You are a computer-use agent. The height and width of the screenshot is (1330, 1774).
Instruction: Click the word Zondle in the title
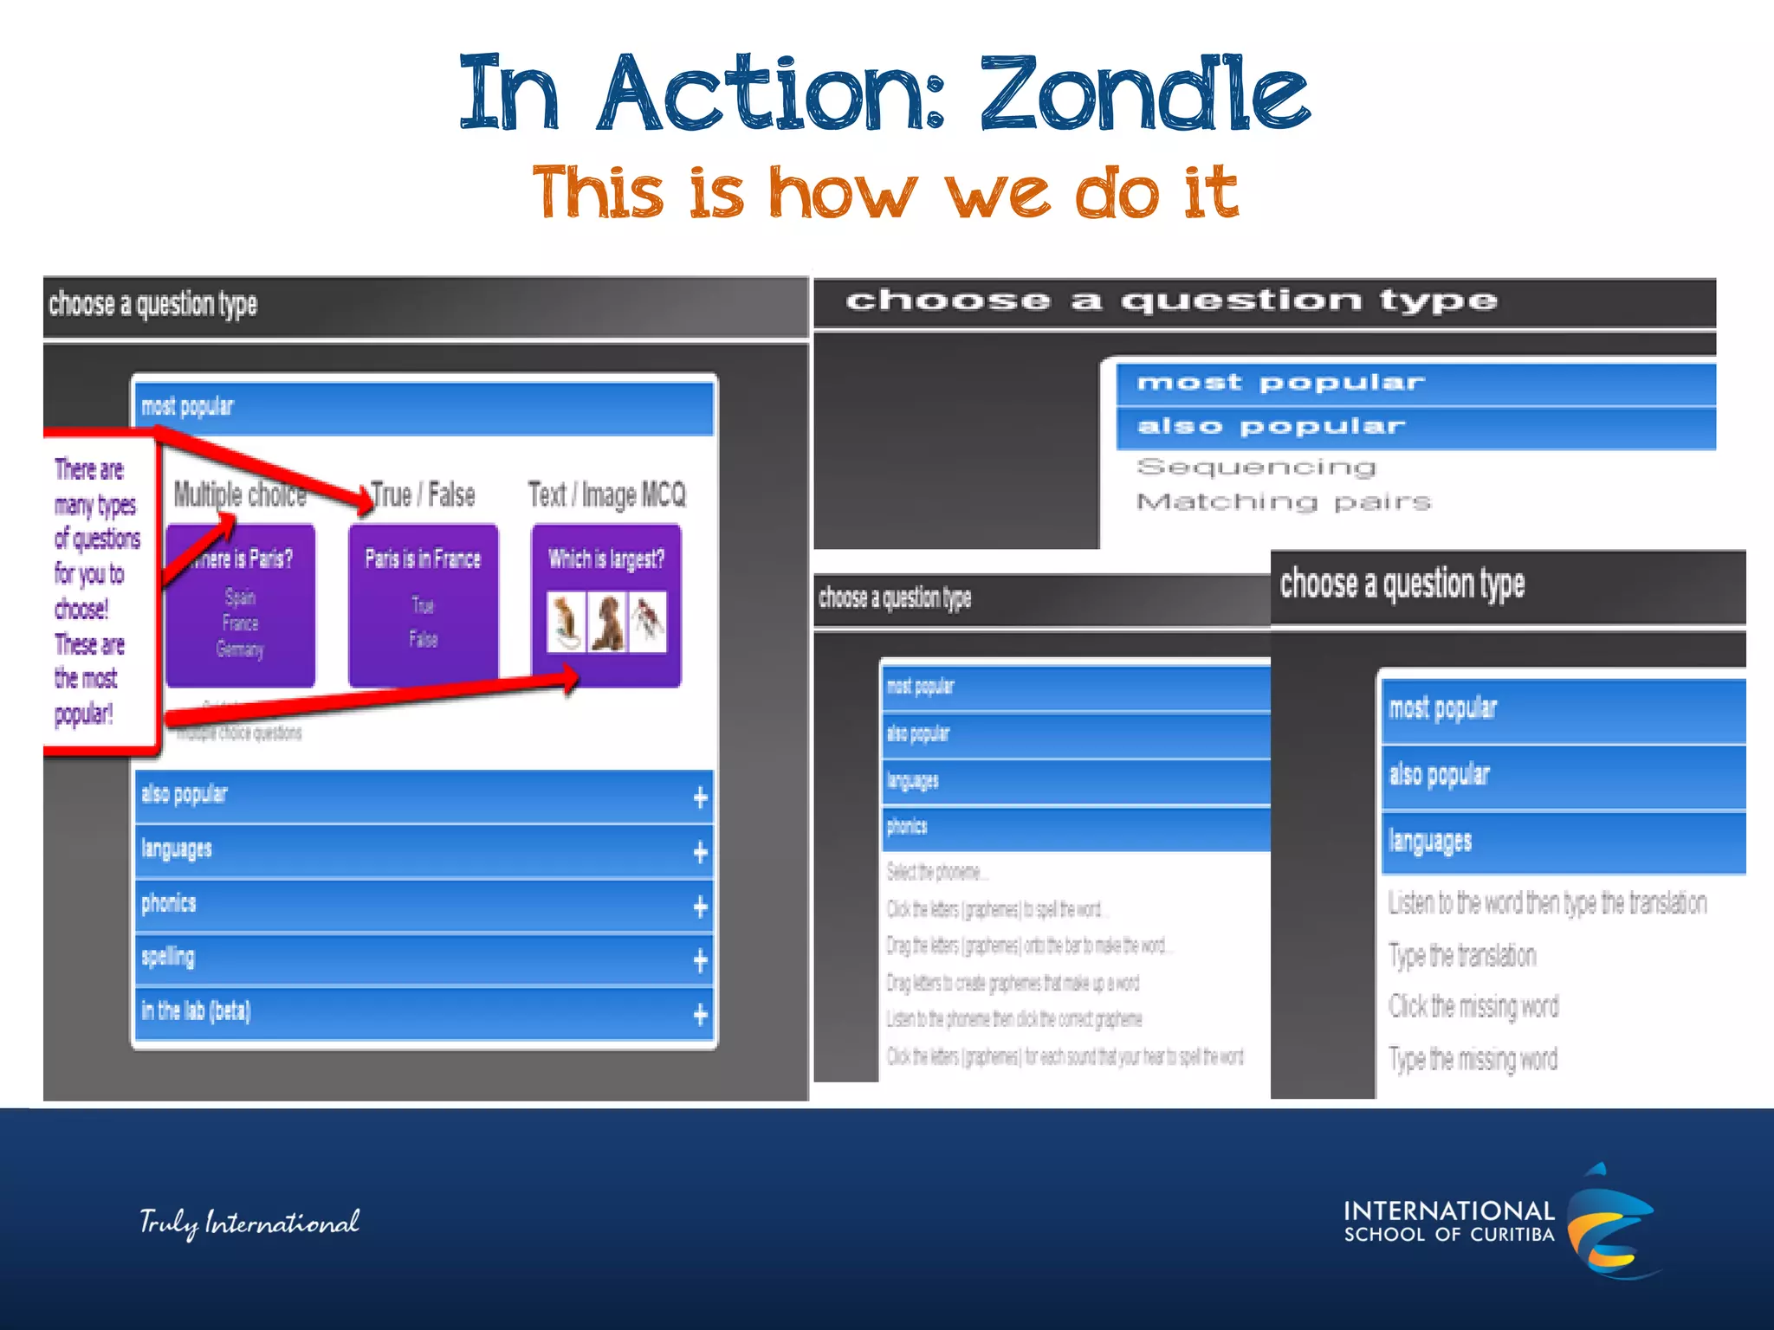pyautogui.click(x=1143, y=94)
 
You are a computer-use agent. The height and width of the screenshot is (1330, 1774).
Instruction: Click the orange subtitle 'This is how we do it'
pyautogui.click(x=885, y=192)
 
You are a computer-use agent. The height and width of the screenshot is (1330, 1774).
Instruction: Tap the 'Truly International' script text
pyautogui.click(x=249, y=1222)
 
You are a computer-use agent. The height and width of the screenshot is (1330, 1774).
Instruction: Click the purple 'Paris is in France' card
pyautogui.click(x=423, y=604)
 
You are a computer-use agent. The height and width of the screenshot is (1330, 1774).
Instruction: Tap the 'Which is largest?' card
pyautogui.click(x=606, y=604)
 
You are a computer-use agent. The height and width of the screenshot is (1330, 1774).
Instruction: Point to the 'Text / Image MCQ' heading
pyautogui.click(x=606, y=494)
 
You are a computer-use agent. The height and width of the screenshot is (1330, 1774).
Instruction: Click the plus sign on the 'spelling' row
pyautogui.click(x=700, y=959)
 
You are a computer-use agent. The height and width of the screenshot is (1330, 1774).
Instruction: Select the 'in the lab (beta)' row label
pyautogui.click(x=197, y=1010)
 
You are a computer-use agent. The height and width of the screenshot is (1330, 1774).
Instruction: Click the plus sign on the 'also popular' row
pyautogui.click(x=700, y=797)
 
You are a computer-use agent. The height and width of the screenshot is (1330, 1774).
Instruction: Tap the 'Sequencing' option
pyautogui.click(x=1256, y=468)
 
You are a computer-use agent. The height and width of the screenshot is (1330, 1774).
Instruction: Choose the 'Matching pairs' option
pyautogui.click(x=1284, y=502)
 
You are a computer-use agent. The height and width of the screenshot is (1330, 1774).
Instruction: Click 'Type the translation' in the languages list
pyautogui.click(x=1462, y=955)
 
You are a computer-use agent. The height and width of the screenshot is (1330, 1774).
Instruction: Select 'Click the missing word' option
pyautogui.click(x=1473, y=1006)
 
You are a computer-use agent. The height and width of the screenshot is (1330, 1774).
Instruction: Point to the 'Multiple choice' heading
pyautogui.click(x=240, y=494)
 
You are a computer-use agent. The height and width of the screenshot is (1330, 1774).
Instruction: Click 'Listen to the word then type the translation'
pyautogui.click(x=1547, y=903)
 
